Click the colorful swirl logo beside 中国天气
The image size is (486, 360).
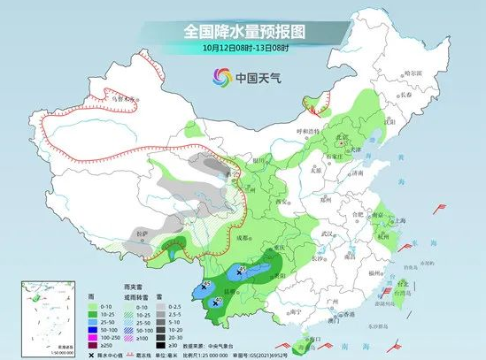(220, 77)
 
